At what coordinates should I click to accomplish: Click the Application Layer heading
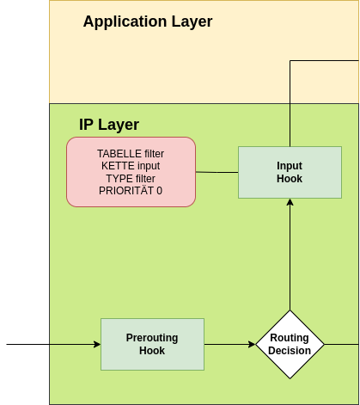coord(147,21)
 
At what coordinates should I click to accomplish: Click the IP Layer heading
coord(109,125)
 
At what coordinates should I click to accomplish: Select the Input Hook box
coord(290,172)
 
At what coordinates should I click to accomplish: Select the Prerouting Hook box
coord(152,344)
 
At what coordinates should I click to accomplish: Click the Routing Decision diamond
coord(290,345)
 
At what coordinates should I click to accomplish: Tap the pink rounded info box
coord(131,172)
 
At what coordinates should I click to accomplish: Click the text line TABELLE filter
coord(131,154)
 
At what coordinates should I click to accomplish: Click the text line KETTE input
coord(131,166)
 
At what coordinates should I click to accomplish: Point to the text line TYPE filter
coord(131,178)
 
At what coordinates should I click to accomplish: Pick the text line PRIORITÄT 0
coord(131,190)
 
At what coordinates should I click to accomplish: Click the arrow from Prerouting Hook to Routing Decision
coord(229,345)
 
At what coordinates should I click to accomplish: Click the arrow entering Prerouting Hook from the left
coord(76,345)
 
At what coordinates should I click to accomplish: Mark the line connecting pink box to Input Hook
coord(217,172)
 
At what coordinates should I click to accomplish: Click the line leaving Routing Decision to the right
coord(341,345)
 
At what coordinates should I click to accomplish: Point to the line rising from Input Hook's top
coord(290,103)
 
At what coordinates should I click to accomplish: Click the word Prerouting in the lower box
coord(152,338)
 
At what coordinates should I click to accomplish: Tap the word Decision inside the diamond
coord(290,351)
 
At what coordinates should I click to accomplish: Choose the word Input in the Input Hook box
coord(290,165)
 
